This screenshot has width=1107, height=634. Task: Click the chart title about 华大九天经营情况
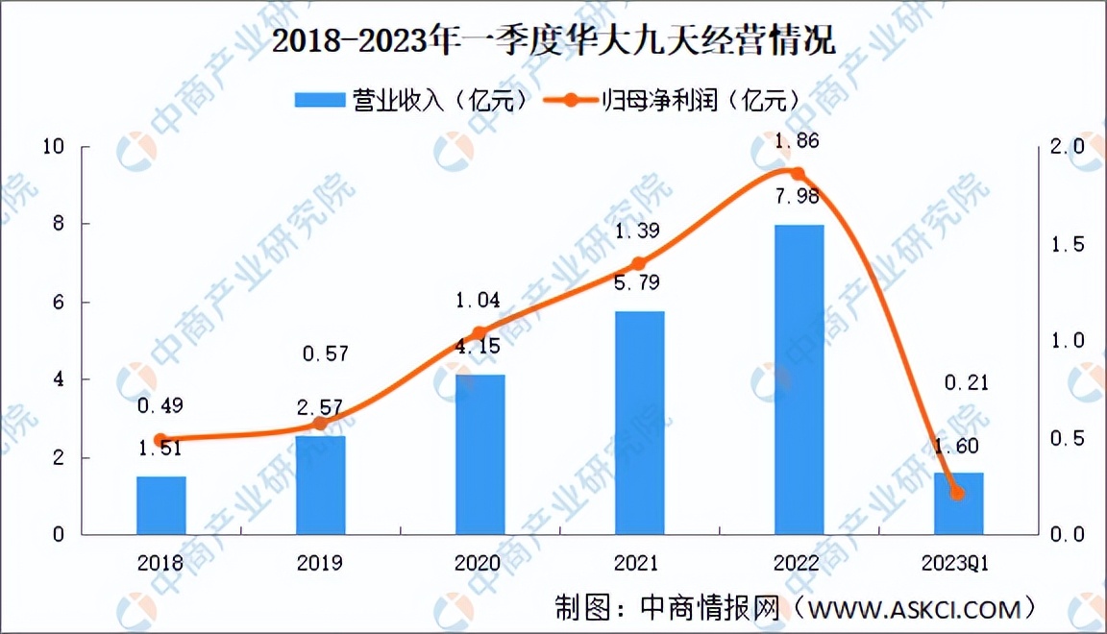(x=553, y=42)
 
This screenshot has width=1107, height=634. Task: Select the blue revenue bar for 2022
(x=799, y=379)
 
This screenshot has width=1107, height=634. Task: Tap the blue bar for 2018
(x=160, y=505)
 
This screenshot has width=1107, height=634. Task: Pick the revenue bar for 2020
(x=480, y=454)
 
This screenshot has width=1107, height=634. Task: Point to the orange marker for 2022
(x=797, y=174)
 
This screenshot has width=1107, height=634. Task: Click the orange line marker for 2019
(x=320, y=424)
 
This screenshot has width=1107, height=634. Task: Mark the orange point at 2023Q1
(x=956, y=493)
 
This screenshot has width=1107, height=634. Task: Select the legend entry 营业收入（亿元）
(x=413, y=99)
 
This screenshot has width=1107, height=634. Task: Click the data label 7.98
(x=797, y=198)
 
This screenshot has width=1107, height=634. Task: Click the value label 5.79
(x=638, y=285)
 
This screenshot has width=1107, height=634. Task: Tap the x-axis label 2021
(x=638, y=563)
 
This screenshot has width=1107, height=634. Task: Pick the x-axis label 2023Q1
(x=956, y=563)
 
